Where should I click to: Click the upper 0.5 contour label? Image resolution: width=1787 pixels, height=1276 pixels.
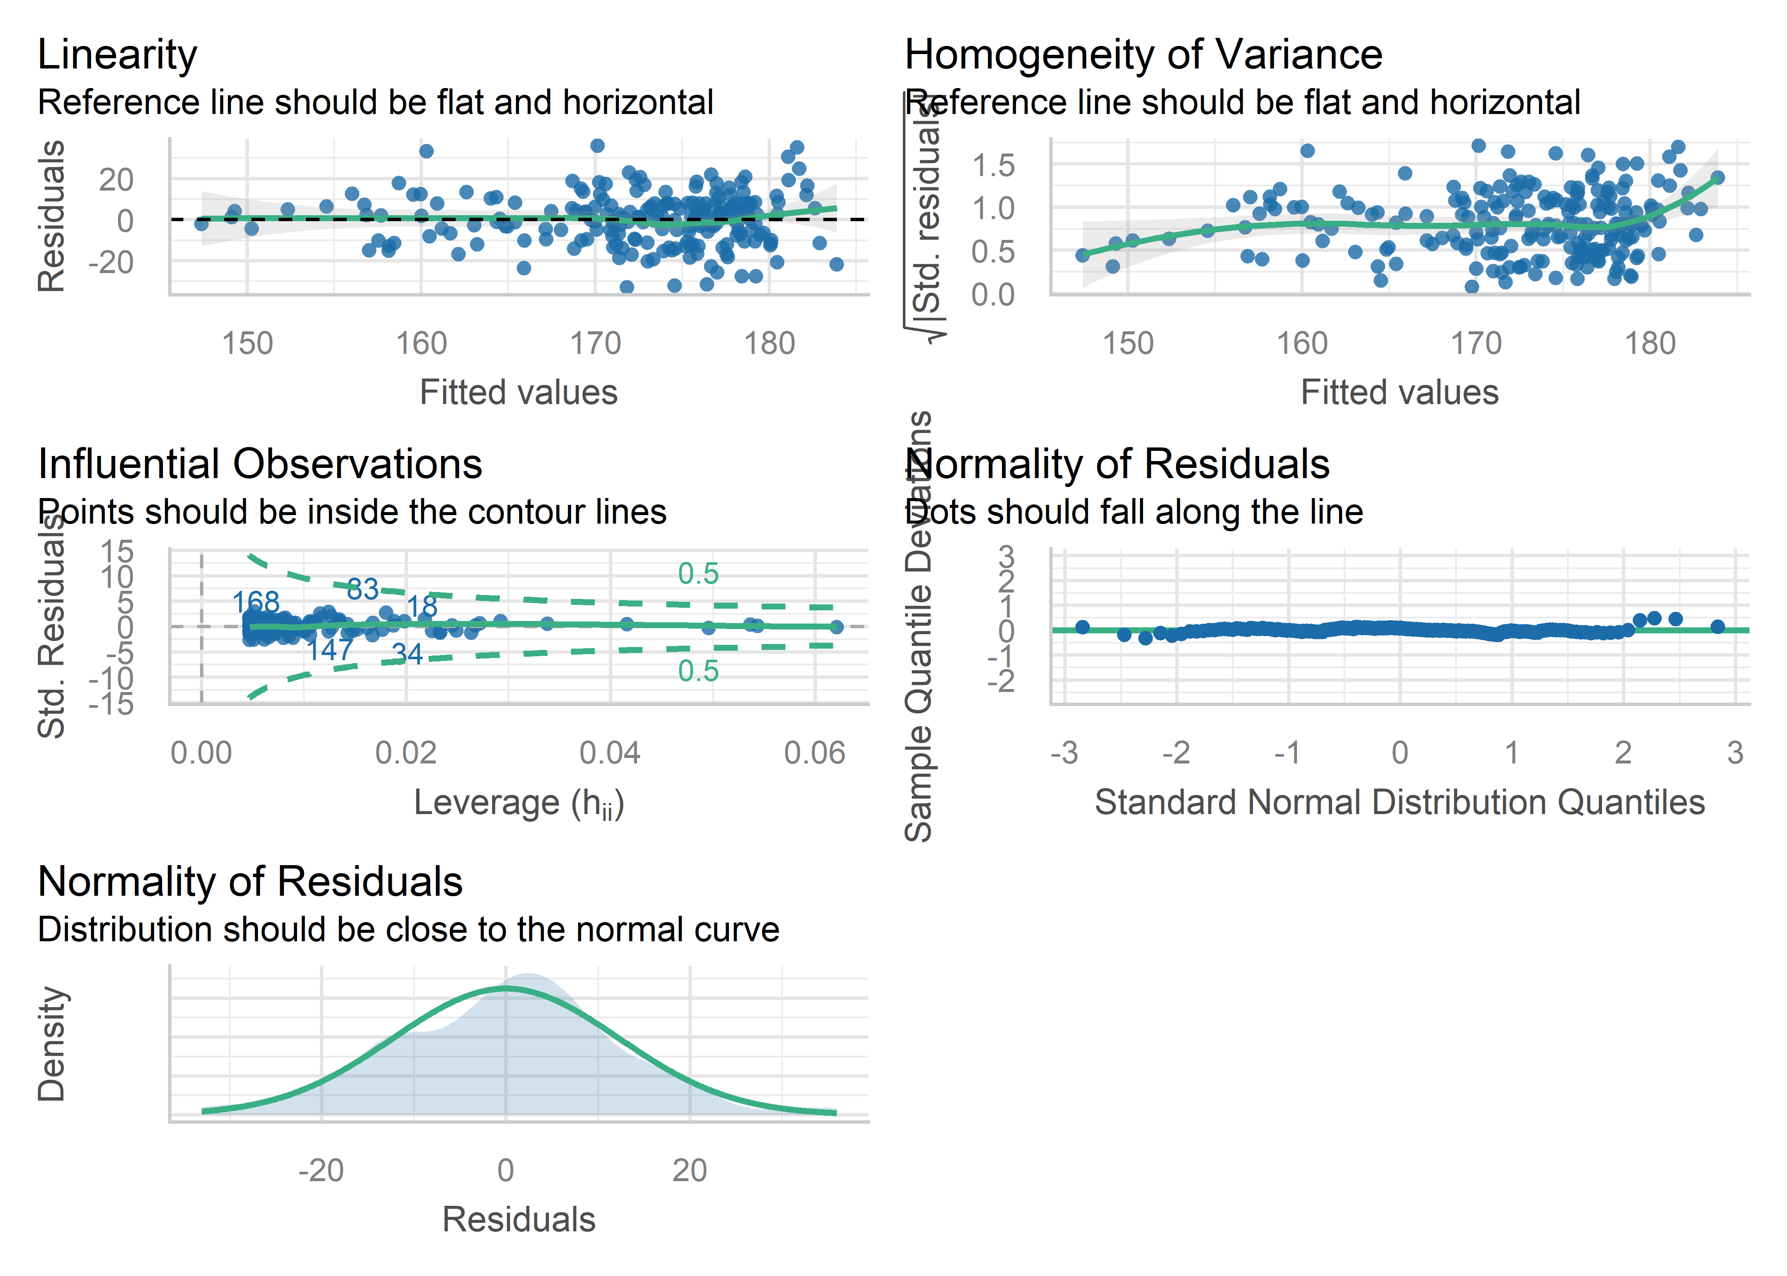point(698,574)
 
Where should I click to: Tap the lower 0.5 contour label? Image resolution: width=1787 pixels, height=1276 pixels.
point(698,671)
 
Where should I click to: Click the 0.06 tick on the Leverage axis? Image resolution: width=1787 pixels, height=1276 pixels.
point(814,753)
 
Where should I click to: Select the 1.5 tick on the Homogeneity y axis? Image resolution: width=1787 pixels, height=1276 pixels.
point(993,165)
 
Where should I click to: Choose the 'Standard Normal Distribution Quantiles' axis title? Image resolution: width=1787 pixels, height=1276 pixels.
point(1399,802)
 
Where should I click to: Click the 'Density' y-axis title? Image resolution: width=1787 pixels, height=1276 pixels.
point(52,1043)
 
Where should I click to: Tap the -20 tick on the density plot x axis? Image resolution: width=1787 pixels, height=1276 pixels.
point(321,1171)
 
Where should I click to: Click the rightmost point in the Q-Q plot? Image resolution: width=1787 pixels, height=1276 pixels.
point(1717,626)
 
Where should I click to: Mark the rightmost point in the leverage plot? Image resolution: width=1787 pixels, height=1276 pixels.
point(836,626)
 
